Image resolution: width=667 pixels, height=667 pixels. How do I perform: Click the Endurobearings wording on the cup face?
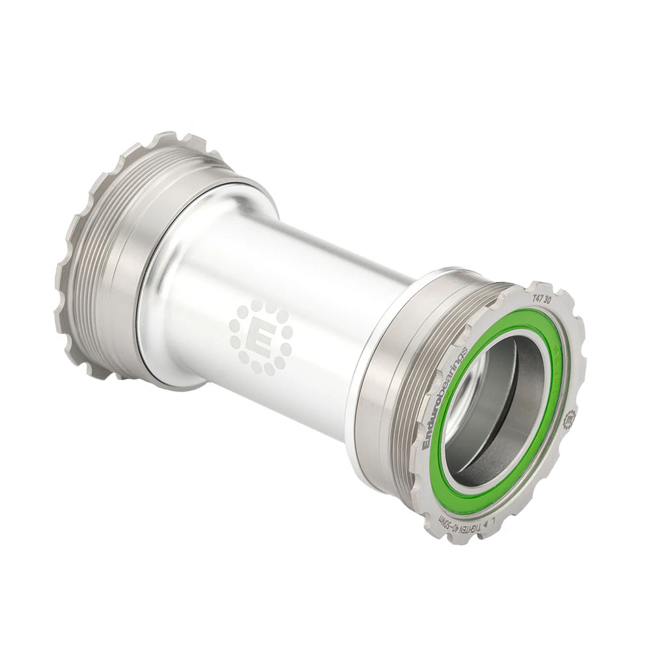[446, 397]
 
